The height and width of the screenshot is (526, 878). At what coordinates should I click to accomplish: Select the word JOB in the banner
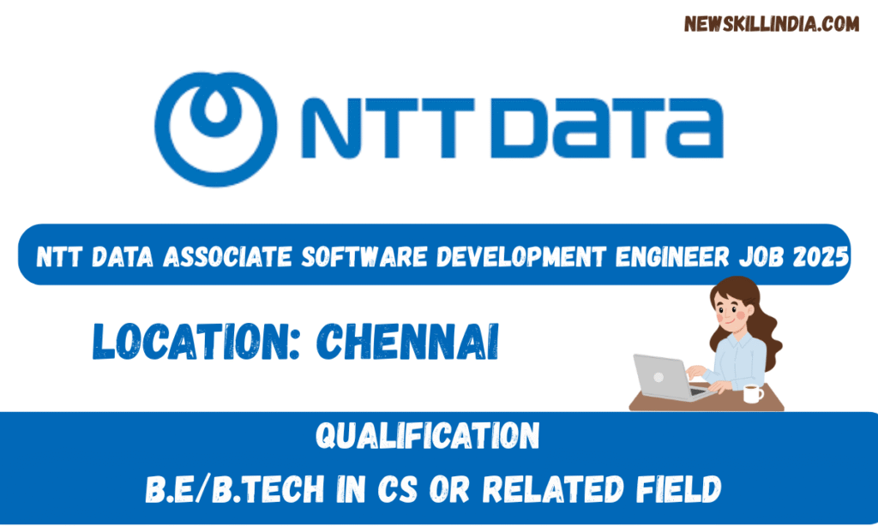pyautogui.click(x=768, y=255)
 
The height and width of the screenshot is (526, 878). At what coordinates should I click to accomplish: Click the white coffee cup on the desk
pyautogui.click(x=752, y=393)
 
